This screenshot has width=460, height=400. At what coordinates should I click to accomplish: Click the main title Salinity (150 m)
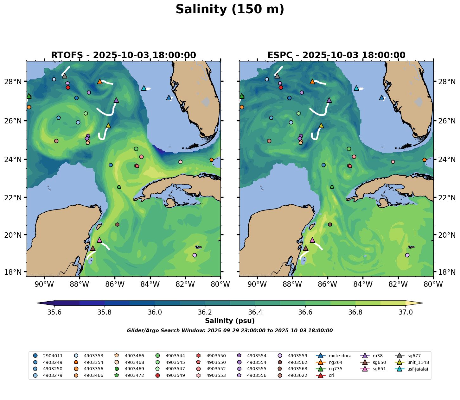point(230,9)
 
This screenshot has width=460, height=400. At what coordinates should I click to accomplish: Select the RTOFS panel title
point(123,55)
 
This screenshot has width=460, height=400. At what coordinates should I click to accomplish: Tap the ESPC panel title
point(336,55)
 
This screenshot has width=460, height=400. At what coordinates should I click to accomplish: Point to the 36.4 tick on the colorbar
point(255,312)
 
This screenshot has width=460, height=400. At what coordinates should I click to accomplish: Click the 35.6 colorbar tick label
point(54,312)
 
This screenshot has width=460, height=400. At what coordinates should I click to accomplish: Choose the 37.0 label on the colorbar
point(405,312)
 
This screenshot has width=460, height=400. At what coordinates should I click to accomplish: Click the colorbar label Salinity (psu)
point(230,321)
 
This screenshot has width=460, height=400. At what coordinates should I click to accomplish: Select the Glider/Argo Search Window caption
point(230,331)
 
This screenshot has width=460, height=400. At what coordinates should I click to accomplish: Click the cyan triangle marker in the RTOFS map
point(144,88)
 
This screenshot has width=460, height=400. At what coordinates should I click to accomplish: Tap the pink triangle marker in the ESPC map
point(312,240)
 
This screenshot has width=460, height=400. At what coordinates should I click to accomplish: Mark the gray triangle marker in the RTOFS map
point(65,76)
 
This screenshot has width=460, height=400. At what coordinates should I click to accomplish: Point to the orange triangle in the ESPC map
point(312,81)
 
